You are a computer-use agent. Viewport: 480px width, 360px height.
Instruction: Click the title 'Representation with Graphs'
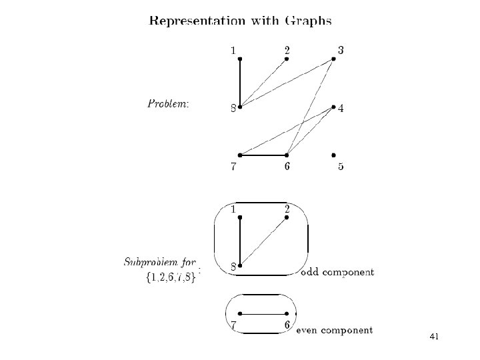tap(240, 21)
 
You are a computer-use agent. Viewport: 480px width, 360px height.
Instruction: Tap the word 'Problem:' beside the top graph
tap(168, 104)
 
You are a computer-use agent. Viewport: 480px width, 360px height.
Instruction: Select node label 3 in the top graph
tap(341, 50)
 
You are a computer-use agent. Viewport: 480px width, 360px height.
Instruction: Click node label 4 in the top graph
tap(341, 109)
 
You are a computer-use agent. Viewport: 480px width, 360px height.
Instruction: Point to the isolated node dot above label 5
tap(333, 155)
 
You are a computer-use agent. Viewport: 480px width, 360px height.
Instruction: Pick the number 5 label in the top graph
tap(341, 167)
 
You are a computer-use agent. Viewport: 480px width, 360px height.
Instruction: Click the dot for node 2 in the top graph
tap(287, 59)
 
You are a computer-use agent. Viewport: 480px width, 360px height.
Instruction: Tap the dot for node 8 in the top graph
tap(239, 107)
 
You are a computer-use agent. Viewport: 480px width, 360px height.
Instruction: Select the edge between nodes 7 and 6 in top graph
tap(263, 155)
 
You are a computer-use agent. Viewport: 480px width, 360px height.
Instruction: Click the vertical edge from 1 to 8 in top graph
tap(239, 83)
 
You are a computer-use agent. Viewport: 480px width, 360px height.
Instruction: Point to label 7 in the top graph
tap(233, 167)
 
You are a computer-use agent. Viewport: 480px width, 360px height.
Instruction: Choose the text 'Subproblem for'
tap(160, 261)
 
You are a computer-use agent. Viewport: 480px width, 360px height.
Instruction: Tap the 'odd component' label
tap(337, 272)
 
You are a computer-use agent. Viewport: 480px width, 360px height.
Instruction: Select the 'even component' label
tap(334, 329)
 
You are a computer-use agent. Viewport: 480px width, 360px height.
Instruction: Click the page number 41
tap(434, 337)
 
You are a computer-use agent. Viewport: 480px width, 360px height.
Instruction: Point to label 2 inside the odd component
tap(287, 209)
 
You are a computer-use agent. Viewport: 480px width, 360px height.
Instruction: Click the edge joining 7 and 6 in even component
tap(263, 313)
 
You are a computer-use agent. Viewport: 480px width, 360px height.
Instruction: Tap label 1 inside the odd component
tap(233, 209)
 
